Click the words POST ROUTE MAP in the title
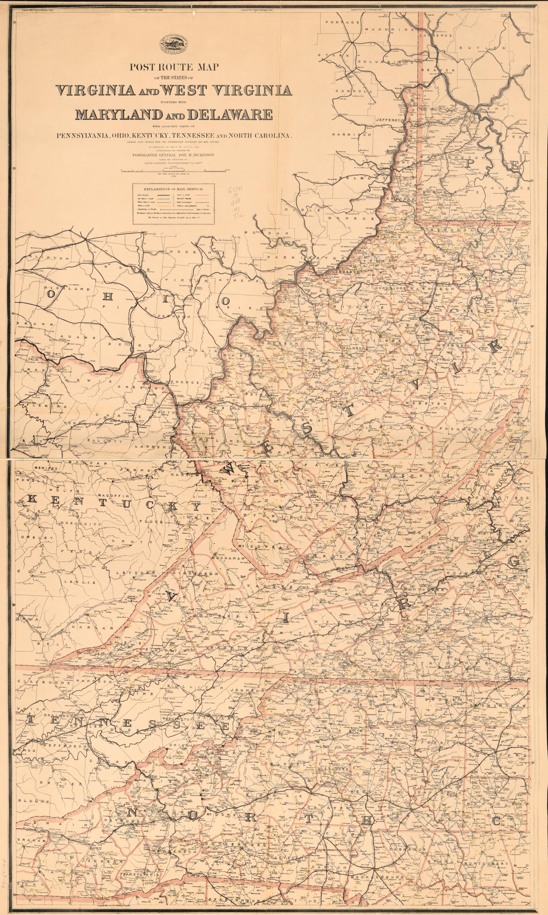(x=174, y=67)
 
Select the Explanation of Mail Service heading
(x=174, y=189)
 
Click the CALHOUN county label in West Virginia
(x=354, y=348)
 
